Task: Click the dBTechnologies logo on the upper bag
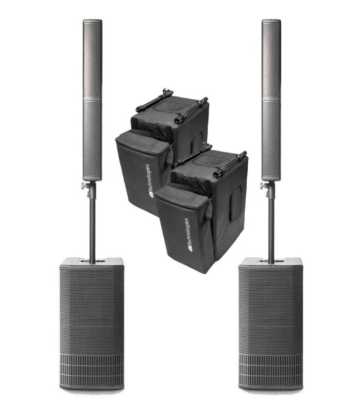[x=151, y=180]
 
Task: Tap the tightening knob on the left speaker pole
[x=84, y=185]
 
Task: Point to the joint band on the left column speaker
[x=93, y=98]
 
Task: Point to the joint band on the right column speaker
[x=271, y=99]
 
